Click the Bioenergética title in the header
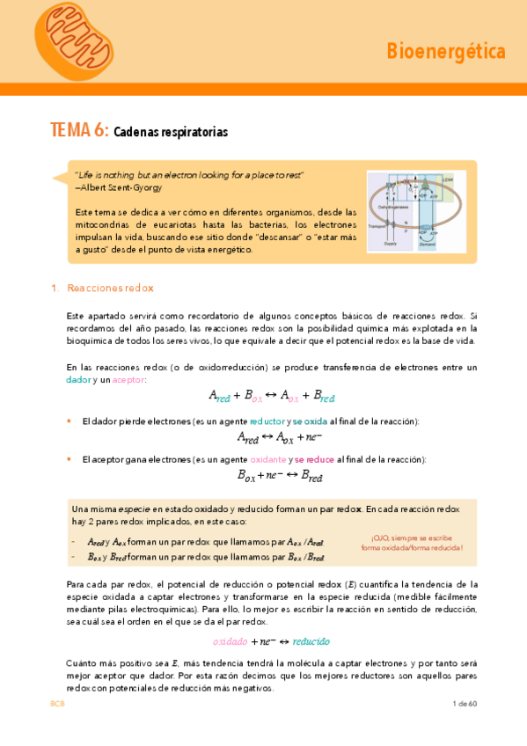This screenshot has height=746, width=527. pos(446,52)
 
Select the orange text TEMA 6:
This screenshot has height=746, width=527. pos(79,130)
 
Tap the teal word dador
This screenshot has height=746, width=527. pos(78,379)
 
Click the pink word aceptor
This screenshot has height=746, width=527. pos(128,379)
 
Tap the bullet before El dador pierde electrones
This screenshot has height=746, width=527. pos(70,421)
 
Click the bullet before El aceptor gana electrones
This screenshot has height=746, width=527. pos(70,460)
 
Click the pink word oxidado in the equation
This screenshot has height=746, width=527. pos(231,641)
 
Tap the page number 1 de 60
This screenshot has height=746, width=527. pos(464,704)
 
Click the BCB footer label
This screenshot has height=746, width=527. pos(57,704)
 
